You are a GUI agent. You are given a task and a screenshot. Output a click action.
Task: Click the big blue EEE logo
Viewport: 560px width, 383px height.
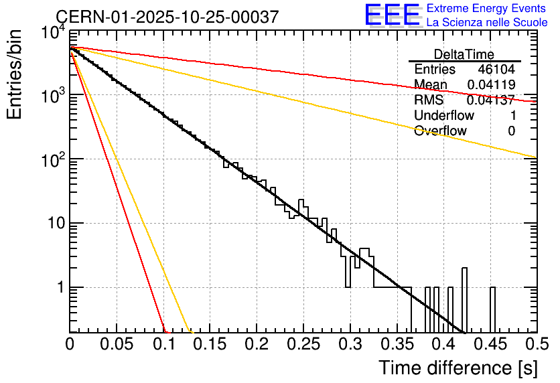point(392,15)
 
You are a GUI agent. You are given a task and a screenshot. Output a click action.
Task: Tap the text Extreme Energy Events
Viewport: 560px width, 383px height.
point(487,9)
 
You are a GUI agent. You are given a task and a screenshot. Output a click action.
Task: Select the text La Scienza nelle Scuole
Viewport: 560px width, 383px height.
point(487,22)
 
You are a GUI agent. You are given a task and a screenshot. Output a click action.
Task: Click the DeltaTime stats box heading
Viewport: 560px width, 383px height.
point(464,54)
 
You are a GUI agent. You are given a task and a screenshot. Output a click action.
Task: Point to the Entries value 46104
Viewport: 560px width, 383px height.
point(496,70)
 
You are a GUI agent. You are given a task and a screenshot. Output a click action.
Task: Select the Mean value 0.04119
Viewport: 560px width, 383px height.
point(490,85)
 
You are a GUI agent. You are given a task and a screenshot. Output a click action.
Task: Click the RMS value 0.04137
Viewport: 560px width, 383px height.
point(490,100)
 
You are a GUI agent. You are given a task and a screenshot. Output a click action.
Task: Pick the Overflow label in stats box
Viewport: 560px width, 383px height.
point(440,131)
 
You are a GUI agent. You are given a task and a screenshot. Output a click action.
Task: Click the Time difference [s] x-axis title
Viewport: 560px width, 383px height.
point(458,368)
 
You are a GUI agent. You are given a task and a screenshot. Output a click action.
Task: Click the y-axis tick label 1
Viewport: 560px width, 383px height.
point(59,288)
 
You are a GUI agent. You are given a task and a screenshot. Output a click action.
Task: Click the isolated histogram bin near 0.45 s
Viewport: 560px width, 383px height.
point(492,309)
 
